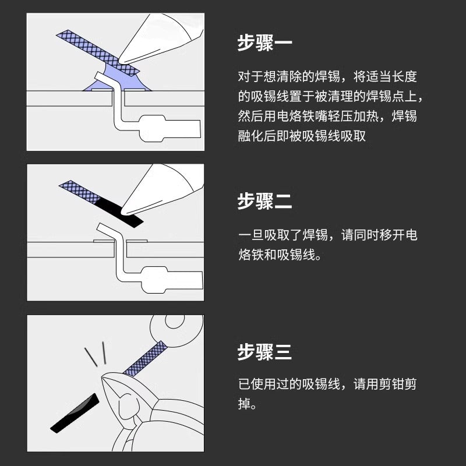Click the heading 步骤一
click(264, 43)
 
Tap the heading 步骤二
click(264, 201)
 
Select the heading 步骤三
click(264, 352)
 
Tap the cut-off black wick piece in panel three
click(75, 414)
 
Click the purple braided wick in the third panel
click(145, 358)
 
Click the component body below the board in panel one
click(170, 128)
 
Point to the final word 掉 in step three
click(244, 404)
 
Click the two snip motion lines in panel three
click(96, 354)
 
